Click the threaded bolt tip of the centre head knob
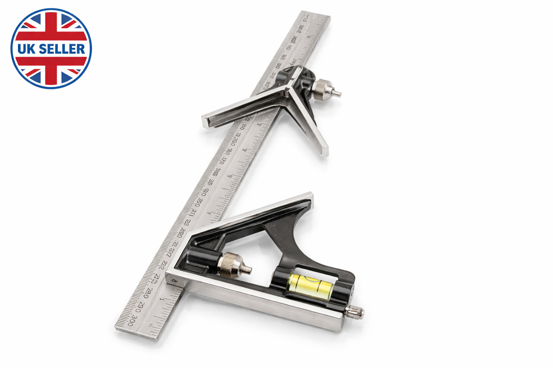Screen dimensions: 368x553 338,92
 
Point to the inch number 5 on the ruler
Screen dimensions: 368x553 230,177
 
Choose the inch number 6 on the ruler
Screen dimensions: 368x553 245,150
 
